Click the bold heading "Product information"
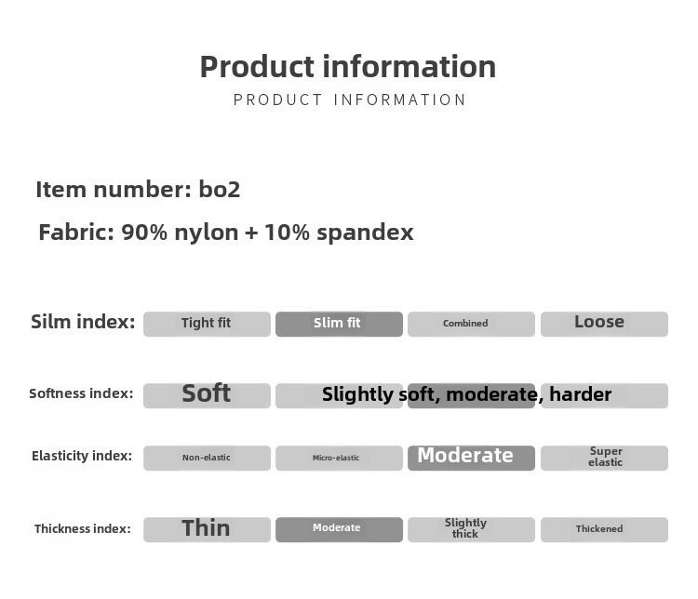[x=348, y=67]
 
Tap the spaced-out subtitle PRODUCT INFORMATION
[x=349, y=100]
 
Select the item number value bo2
[x=219, y=190]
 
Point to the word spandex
[x=365, y=233]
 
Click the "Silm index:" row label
[x=83, y=322]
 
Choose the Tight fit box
[x=207, y=324]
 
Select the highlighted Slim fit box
[x=339, y=324]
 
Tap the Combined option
[x=471, y=324]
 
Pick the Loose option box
[x=604, y=324]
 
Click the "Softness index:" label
[x=81, y=393]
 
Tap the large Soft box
[x=207, y=395]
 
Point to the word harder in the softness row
[x=580, y=394]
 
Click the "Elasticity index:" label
[x=82, y=456]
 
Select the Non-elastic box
[x=207, y=458]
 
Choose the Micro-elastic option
[x=339, y=458]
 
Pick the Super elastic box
[x=604, y=458]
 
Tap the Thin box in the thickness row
[x=207, y=529]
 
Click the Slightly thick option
[x=471, y=529]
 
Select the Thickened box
[x=604, y=529]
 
